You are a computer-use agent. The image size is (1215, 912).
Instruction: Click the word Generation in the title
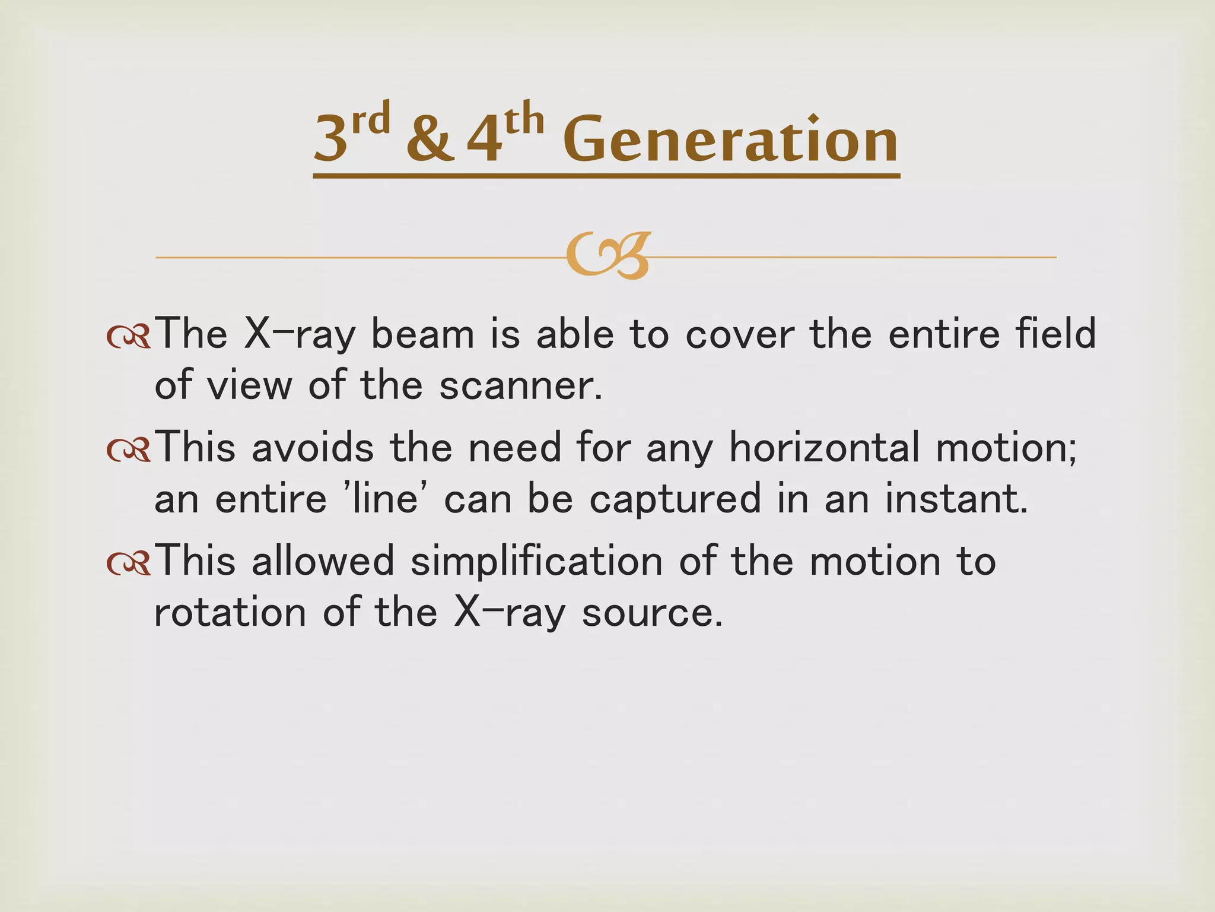(x=730, y=140)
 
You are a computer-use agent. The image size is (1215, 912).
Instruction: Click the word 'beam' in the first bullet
(x=422, y=334)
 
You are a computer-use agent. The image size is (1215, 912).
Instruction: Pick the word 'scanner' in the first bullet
(x=520, y=386)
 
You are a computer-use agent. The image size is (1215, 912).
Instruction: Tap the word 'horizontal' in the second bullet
(x=824, y=447)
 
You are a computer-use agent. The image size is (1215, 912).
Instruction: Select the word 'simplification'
(x=536, y=561)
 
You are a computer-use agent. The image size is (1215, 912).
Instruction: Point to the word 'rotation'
(x=230, y=613)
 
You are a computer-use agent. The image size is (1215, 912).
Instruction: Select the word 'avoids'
(x=313, y=447)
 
